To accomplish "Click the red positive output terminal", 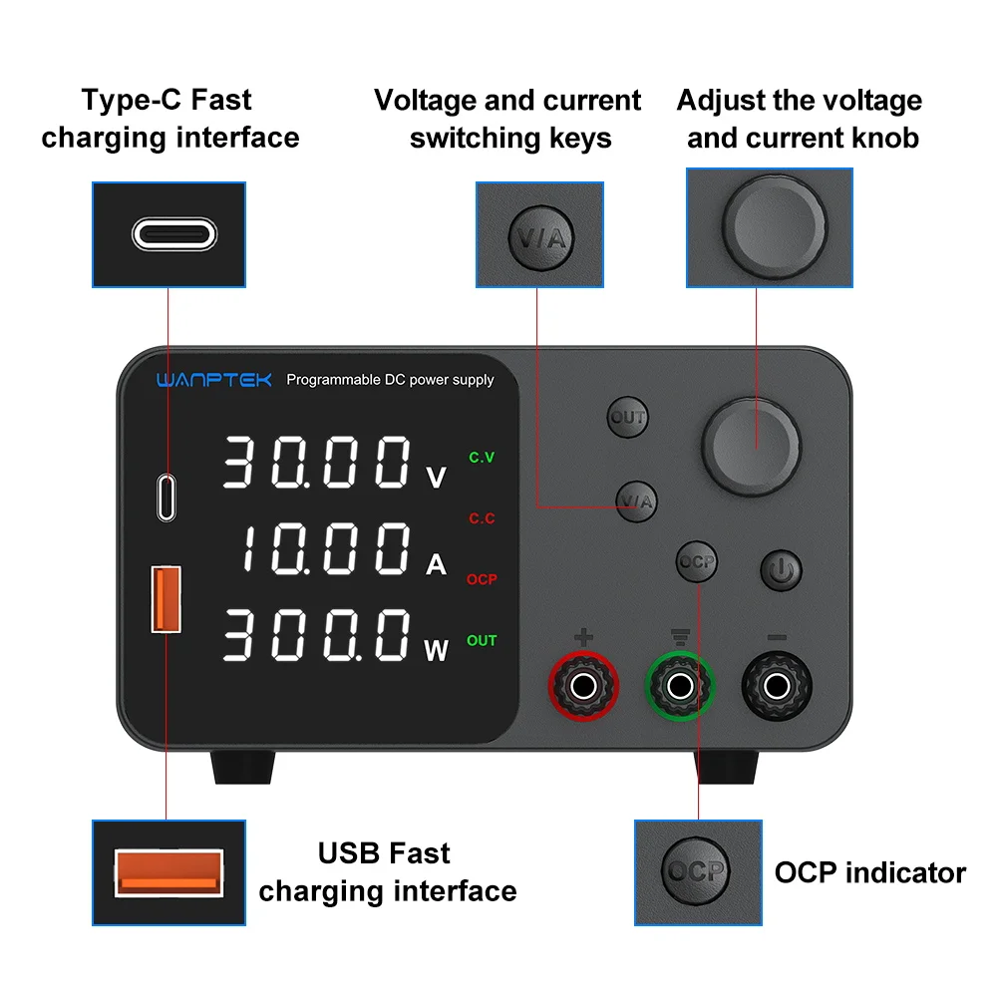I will pos(584,685).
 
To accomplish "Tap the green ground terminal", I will pos(680,685).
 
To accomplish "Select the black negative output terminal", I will pos(776,685).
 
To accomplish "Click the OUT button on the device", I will pos(628,418).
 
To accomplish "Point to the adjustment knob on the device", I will pos(752,439).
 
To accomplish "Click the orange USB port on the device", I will pos(166,598).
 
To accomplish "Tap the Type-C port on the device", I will pos(166,498).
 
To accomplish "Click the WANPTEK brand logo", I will pos(213,380).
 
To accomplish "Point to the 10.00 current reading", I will pos(325,550).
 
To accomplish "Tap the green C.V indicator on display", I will pos(482,458).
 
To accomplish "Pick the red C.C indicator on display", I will pos(482,518).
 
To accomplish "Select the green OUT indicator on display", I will pos(482,640).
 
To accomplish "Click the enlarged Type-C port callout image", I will pos(168,234).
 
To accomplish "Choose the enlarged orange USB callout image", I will pos(168,872).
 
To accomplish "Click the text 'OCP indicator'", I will pos(869,873).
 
